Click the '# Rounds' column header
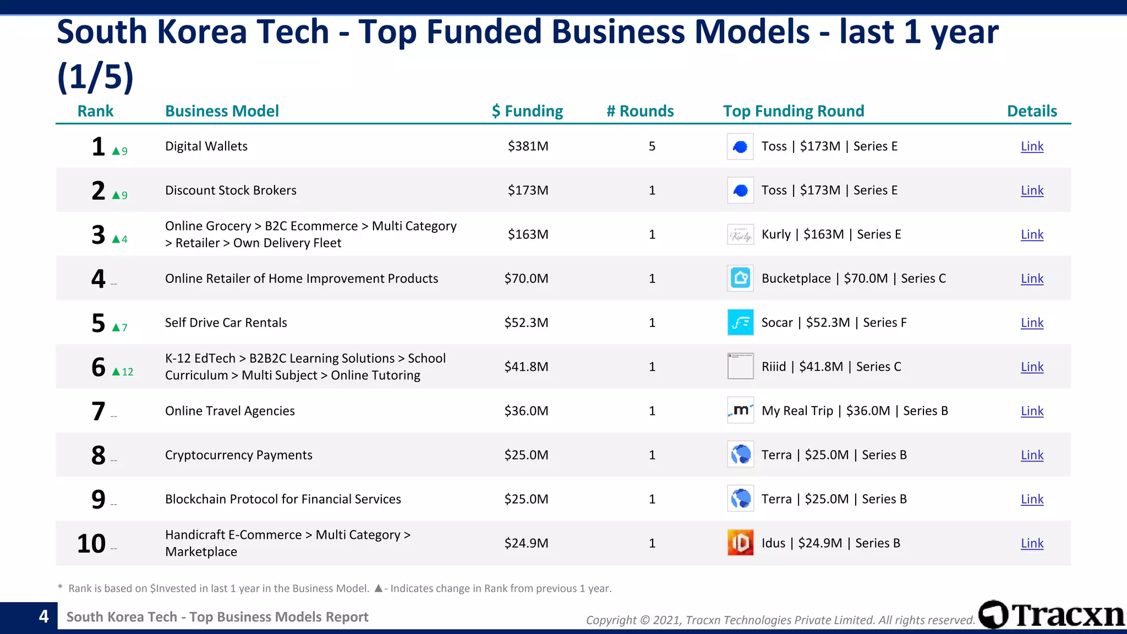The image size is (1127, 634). coord(640,111)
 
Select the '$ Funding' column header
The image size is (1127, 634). coord(527,111)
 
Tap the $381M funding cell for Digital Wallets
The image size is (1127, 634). coord(528,146)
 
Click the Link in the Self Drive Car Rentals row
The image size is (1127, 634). coord(1032,323)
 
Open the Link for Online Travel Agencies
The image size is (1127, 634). coord(1032,411)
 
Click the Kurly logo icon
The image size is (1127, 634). coord(740,235)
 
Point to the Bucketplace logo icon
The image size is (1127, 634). coord(740,278)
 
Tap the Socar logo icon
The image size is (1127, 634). coord(740,323)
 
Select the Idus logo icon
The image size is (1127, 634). coord(740,543)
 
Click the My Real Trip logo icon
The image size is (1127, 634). coord(740,411)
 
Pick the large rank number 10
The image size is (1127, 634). coord(91,544)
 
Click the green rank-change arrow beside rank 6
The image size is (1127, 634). coord(116,372)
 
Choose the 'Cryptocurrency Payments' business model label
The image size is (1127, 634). coord(238,455)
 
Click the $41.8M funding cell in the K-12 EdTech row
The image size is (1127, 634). coord(526,367)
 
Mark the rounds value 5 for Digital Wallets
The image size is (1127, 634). coord(652,146)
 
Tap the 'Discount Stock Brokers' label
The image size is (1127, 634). coord(231,190)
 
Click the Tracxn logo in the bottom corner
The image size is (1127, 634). coord(1051,615)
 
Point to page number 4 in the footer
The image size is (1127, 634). coord(43,616)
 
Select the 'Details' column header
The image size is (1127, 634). coord(1032,111)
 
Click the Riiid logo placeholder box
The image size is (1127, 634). coord(740,367)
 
